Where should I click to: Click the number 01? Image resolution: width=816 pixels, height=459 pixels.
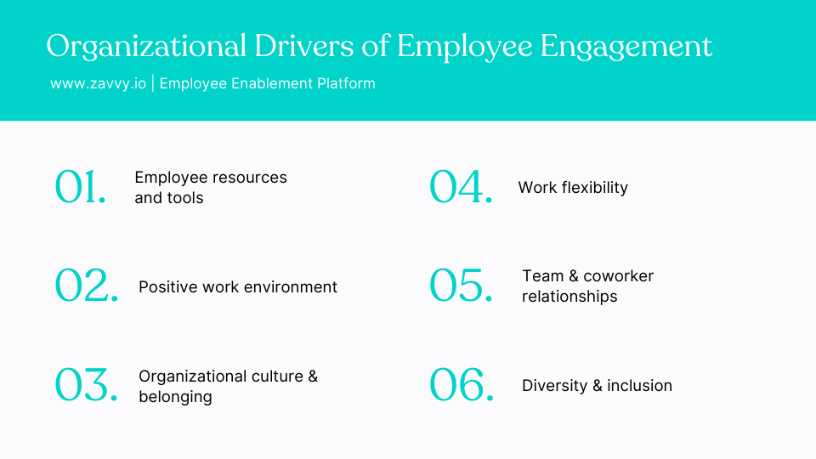[x=81, y=187]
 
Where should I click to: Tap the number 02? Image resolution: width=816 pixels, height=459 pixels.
[x=87, y=286]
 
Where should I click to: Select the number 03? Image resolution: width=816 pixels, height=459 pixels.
[x=87, y=385]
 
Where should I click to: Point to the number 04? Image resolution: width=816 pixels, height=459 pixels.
[x=461, y=187]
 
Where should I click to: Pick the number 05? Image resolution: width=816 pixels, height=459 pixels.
[x=461, y=286]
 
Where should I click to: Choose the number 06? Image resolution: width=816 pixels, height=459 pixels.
[x=462, y=385]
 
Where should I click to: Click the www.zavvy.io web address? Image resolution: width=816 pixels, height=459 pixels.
[x=98, y=83]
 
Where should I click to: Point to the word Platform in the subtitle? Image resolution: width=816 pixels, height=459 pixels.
[x=345, y=83]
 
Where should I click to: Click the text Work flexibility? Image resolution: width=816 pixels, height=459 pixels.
[x=573, y=188]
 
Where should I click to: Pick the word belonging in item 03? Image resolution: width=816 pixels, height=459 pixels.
[x=175, y=397]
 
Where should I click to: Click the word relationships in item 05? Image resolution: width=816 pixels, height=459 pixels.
[x=569, y=297]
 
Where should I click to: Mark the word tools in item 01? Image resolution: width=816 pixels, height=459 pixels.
[x=186, y=198]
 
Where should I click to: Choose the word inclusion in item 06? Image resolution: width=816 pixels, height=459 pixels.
[x=639, y=386]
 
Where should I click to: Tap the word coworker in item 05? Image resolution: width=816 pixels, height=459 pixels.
[x=618, y=276]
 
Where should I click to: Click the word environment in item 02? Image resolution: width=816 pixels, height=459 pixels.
[x=287, y=287]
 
